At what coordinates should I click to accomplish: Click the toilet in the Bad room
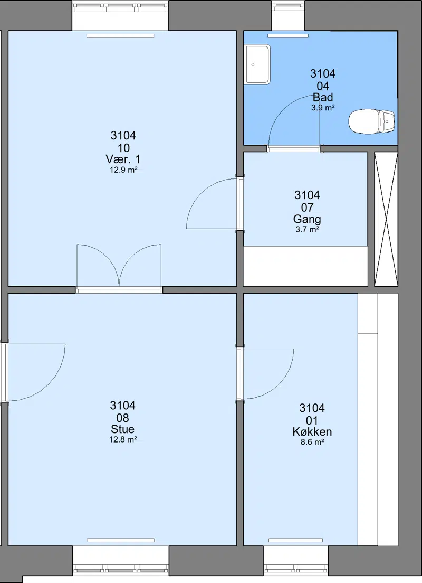(371, 121)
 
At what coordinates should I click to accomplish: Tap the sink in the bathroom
(257, 64)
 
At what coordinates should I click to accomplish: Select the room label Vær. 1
(123, 159)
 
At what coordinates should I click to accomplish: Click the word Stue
(122, 429)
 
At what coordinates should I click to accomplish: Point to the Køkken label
(312, 431)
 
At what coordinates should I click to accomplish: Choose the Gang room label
(307, 219)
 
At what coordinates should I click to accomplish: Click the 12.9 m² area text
(123, 170)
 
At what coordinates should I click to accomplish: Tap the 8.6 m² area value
(312, 443)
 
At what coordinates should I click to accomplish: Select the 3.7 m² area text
(307, 229)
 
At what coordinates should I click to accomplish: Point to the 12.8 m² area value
(123, 440)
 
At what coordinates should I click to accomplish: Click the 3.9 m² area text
(323, 108)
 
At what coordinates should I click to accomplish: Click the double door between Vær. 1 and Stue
(119, 268)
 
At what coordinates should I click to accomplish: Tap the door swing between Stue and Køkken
(265, 374)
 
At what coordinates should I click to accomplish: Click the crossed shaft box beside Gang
(386, 219)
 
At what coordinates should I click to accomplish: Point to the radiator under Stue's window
(121, 540)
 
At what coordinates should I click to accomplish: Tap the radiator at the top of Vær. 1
(120, 36)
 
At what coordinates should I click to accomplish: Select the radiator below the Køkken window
(296, 540)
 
